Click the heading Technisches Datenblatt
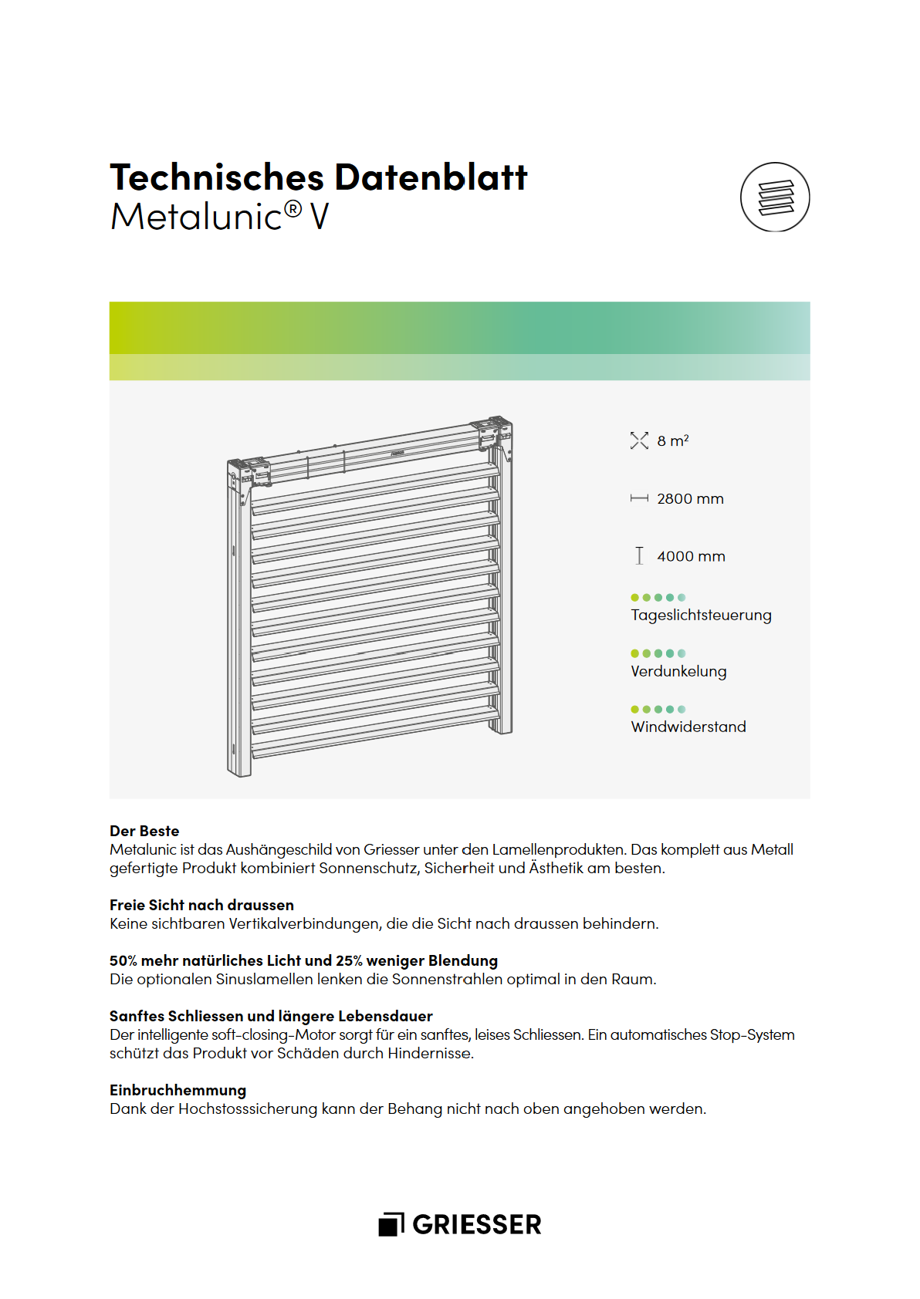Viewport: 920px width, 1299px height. point(318,177)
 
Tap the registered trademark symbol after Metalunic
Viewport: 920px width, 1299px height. point(293,209)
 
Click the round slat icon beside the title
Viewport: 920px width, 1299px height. point(775,197)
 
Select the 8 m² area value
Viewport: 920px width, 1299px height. point(672,441)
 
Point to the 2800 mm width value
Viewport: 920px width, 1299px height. point(690,499)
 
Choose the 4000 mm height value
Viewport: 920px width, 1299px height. point(691,556)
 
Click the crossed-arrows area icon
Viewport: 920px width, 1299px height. point(639,440)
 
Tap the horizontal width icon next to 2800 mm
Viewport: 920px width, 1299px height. point(639,499)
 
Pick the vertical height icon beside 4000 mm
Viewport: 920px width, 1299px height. point(639,555)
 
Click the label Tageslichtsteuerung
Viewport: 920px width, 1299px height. point(701,616)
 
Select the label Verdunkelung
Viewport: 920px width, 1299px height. point(678,671)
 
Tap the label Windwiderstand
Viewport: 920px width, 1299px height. point(688,727)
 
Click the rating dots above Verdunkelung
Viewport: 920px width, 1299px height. point(658,653)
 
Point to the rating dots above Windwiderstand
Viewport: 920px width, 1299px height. point(658,710)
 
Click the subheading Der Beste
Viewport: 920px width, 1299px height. point(144,831)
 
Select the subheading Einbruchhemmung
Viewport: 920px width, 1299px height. point(178,1090)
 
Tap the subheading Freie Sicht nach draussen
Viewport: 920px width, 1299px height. point(201,905)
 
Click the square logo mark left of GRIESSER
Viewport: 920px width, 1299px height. point(391,1224)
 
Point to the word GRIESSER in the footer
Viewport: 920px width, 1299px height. point(477,1225)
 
